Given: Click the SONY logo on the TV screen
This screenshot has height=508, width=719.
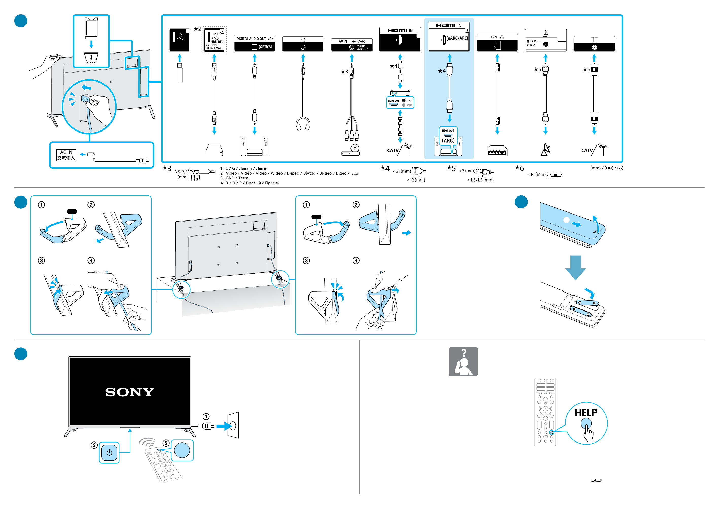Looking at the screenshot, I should tap(130, 392).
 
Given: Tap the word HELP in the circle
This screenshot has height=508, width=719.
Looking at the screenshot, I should tap(586, 413).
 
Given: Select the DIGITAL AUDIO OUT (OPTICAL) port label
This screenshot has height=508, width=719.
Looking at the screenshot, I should tap(254, 43).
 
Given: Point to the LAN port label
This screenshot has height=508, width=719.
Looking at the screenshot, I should tap(497, 42).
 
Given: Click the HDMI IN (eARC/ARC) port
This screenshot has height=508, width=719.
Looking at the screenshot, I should tap(449, 36).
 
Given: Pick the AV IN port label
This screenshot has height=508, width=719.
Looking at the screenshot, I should tap(351, 44).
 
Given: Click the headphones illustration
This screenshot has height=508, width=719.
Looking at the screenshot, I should tap(303, 124).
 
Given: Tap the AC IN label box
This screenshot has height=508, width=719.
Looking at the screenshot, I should tap(66, 155).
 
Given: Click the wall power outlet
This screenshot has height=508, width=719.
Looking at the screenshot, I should tap(233, 425).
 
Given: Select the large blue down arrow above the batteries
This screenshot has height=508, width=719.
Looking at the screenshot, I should tap(575, 267).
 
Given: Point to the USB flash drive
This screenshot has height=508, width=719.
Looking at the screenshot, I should tap(180, 73).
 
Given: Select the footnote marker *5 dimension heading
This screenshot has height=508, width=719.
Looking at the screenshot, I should tap(451, 168).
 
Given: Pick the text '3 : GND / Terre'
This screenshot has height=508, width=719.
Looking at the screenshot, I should tap(234, 178).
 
